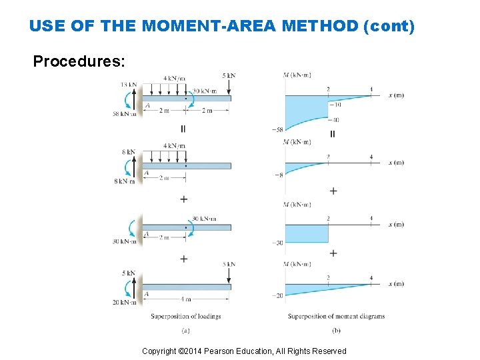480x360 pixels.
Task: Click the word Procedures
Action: [x=78, y=62]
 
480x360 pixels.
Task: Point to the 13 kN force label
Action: [x=129, y=85]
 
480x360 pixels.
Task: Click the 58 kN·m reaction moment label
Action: [x=124, y=114]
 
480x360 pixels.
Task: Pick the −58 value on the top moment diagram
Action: [x=277, y=129]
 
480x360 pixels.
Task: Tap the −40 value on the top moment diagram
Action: [x=334, y=120]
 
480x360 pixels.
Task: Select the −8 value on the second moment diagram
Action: [x=278, y=175]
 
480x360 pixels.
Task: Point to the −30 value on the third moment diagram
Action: [x=277, y=243]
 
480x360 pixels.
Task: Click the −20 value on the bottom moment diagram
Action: [x=277, y=295]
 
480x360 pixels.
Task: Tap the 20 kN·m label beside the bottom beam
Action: [x=124, y=302]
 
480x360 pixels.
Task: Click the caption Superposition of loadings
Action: [x=185, y=316]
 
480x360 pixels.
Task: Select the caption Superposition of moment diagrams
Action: [x=336, y=316]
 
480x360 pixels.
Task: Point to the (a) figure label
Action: [x=185, y=330]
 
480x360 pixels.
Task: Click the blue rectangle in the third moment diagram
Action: [x=307, y=233]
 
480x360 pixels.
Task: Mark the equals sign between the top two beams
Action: [x=183, y=129]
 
